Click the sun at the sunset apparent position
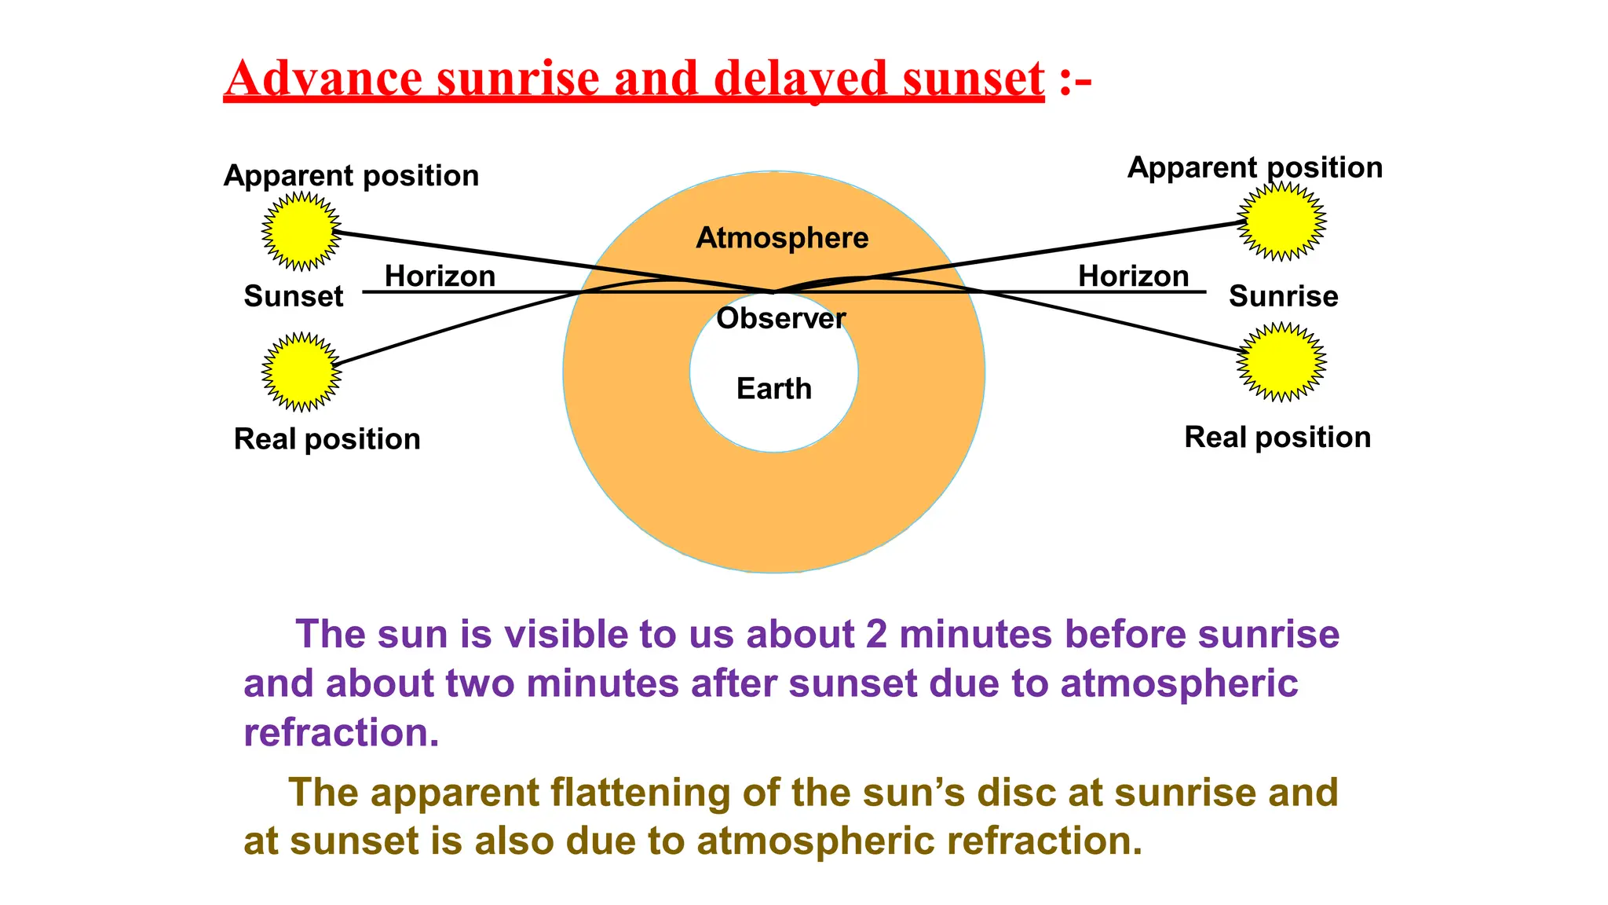[301, 231]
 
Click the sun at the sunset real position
[301, 372]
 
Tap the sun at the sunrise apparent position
[1281, 221]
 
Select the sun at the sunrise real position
[1281, 361]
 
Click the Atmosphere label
[782, 237]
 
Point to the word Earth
[774, 388]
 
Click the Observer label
[780, 318]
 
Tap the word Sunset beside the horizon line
[293, 296]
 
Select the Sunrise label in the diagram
[1283, 296]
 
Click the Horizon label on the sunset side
[440, 276]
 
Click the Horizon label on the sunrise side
[1133, 276]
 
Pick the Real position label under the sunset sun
[327, 438]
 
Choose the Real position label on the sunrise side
[1277, 437]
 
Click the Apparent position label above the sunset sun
[351, 175]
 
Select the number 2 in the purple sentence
[876, 634]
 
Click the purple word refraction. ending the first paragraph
[341, 732]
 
